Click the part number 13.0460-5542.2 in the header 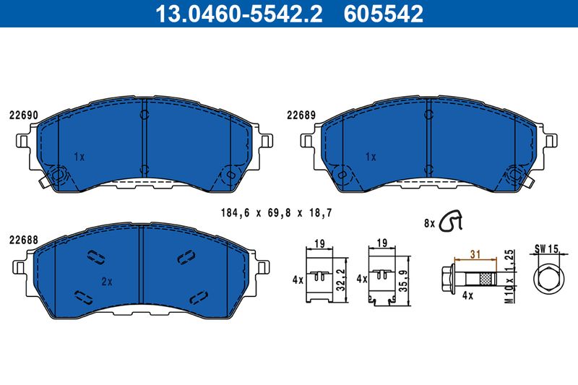239,14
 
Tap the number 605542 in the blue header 384,14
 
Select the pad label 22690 23,116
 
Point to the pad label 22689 301,116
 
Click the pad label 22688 23,241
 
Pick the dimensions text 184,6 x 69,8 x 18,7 277,213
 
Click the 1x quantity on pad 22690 79,157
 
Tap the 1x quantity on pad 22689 371,157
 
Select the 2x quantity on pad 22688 107,282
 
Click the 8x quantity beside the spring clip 429,223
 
